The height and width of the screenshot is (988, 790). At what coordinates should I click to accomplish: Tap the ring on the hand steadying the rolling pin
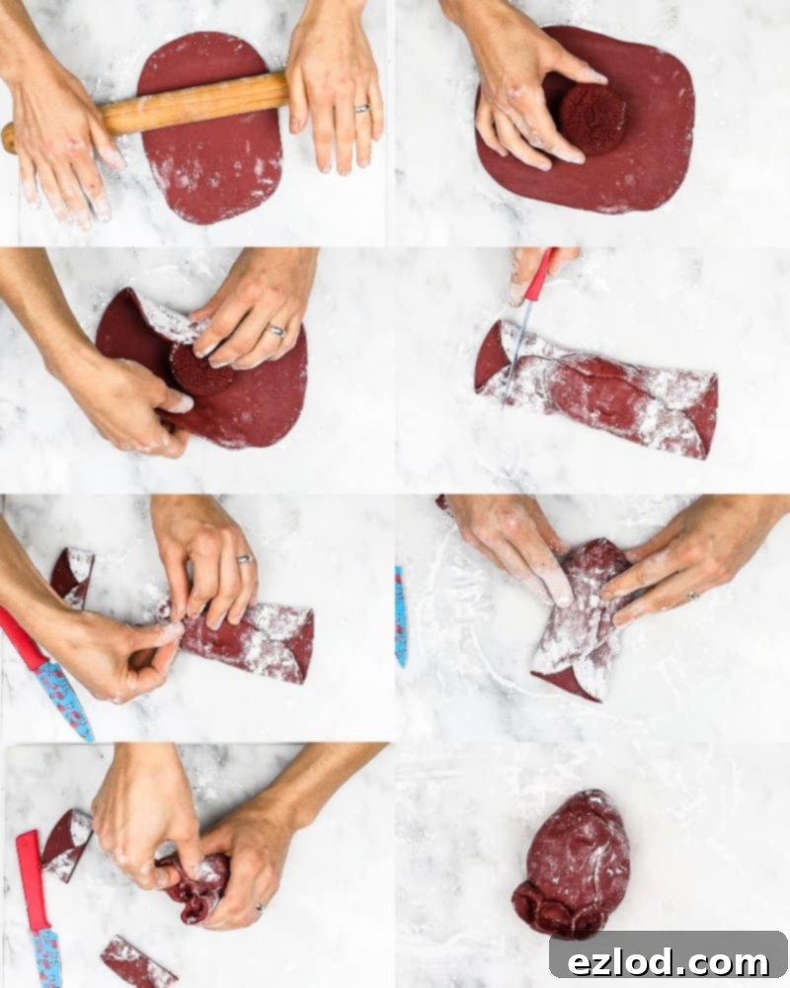pos(362,109)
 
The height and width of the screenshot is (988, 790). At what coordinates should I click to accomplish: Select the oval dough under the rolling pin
pos(209,127)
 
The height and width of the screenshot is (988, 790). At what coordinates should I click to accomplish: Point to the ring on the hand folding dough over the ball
pos(276,330)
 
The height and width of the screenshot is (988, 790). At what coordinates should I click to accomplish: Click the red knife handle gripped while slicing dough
pos(540,275)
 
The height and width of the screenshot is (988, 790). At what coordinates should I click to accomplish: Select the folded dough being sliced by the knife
pos(596,390)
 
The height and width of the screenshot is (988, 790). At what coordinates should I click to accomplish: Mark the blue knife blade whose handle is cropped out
pos(401,617)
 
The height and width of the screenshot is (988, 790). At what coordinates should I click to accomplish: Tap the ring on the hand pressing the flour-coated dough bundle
pos(693,595)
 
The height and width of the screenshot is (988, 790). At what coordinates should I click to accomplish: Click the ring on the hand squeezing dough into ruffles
pos(260,907)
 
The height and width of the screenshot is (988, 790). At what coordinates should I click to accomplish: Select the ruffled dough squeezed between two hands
pos(194,887)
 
